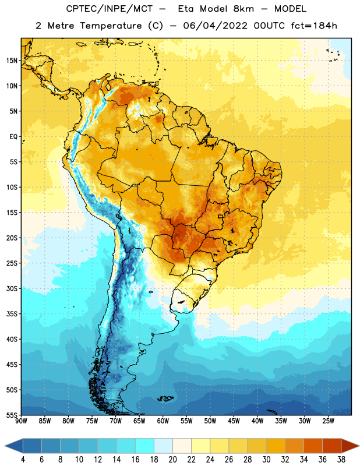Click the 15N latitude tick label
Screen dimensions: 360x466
[12, 61]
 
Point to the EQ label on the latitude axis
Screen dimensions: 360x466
[13, 137]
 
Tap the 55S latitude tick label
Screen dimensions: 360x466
[12, 415]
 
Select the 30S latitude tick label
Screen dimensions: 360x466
[12, 288]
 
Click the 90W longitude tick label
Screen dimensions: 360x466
[21, 421]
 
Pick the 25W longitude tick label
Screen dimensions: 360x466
[328, 421]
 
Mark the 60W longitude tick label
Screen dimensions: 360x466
[163, 421]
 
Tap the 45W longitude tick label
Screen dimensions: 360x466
[234, 421]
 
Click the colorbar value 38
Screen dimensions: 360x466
[341, 460]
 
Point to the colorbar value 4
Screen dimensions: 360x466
[23, 460]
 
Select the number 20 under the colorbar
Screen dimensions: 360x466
[172, 460]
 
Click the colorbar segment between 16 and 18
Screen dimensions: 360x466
[144, 446]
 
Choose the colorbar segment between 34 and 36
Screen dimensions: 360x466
[313, 446]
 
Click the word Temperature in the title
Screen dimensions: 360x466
[111, 26]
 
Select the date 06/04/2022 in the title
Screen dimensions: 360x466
[215, 26]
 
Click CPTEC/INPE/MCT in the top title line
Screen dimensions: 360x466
[110, 9]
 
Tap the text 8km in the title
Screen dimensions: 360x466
[243, 9]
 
